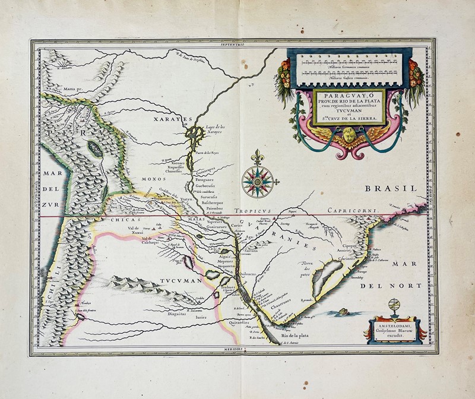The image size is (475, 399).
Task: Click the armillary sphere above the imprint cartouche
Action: coord(392,307)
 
